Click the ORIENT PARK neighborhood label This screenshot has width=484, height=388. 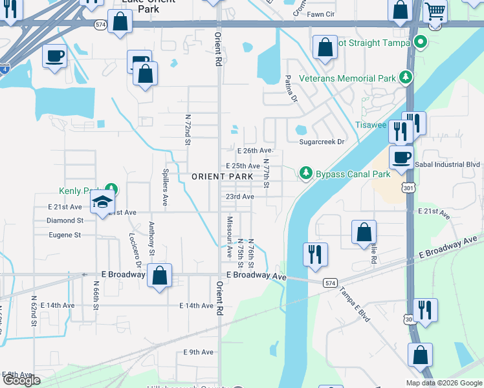pyautogui.click(x=222, y=177)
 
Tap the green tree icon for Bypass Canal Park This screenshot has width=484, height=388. pyautogui.click(x=305, y=173)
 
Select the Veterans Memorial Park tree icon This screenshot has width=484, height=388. pyautogui.click(x=406, y=78)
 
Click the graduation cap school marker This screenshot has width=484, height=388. pyautogui.click(x=102, y=204)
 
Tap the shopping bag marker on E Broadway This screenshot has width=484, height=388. pyautogui.click(x=159, y=275)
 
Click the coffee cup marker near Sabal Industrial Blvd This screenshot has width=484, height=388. pyautogui.click(x=401, y=158)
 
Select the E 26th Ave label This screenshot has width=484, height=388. pyautogui.click(x=256, y=151)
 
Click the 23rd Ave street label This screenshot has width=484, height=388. pyautogui.click(x=239, y=197)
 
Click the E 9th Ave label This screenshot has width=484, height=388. pyautogui.click(x=198, y=352)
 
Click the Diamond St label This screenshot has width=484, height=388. pyautogui.click(x=65, y=220)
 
